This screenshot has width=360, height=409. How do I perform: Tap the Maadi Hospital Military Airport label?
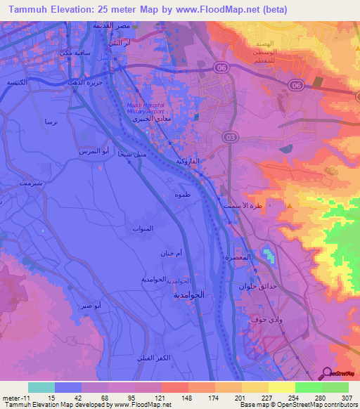[145, 110]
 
